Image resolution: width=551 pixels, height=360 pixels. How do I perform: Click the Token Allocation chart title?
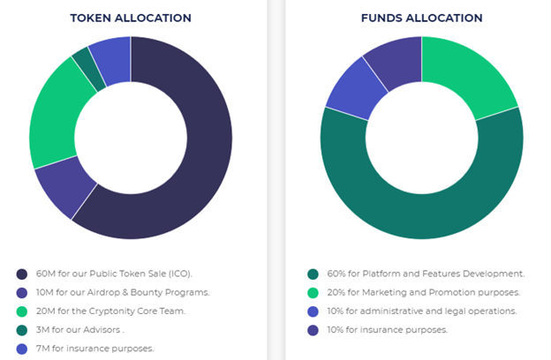click(x=131, y=18)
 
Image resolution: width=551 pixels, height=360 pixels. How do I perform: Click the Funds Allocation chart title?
click(x=421, y=18)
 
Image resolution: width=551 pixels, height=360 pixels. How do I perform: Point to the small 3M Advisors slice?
click(x=87, y=67)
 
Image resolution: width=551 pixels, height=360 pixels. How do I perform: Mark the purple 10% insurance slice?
click(x=392, y=59)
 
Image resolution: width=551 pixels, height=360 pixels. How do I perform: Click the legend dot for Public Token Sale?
click(x=22, y=274)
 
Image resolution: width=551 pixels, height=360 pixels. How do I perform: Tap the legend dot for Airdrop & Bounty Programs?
click(x=22, y=292)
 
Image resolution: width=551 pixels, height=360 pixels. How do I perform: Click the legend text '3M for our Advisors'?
click(x=80, y=330)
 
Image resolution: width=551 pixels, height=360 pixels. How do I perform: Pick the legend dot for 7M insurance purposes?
click(x=22, y=349)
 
